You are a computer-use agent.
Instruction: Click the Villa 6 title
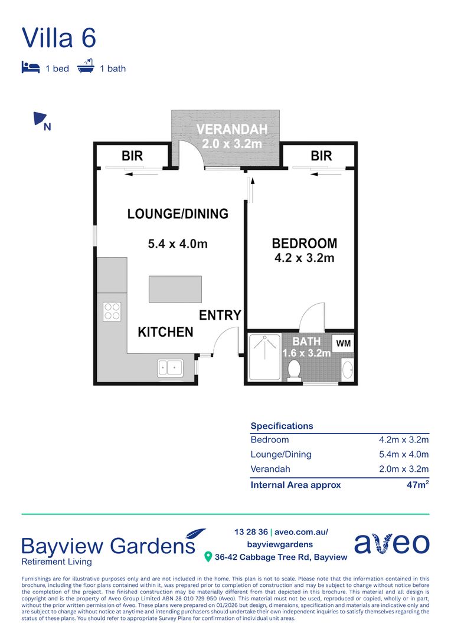tap(58, 38)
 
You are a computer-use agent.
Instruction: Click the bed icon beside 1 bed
tap(30, 67)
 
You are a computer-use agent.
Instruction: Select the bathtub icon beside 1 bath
tap(86, 67)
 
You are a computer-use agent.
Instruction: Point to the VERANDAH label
tap(232, 129)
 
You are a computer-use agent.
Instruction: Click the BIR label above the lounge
tap(132, 156)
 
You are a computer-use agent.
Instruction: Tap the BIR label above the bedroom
tap(321, 156)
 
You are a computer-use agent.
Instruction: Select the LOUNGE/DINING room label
tap(178, 214)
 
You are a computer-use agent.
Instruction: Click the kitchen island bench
tap(175, 289)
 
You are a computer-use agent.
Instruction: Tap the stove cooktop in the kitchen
tap(112, 311)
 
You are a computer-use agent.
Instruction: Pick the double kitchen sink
tap(170, 368)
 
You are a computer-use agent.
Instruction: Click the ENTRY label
tap(220, 316)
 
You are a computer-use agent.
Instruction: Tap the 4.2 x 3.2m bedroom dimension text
tap(304, 258)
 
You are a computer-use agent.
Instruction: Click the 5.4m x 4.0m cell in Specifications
tap(404, 454)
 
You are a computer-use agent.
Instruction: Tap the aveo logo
tap(392, 543)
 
